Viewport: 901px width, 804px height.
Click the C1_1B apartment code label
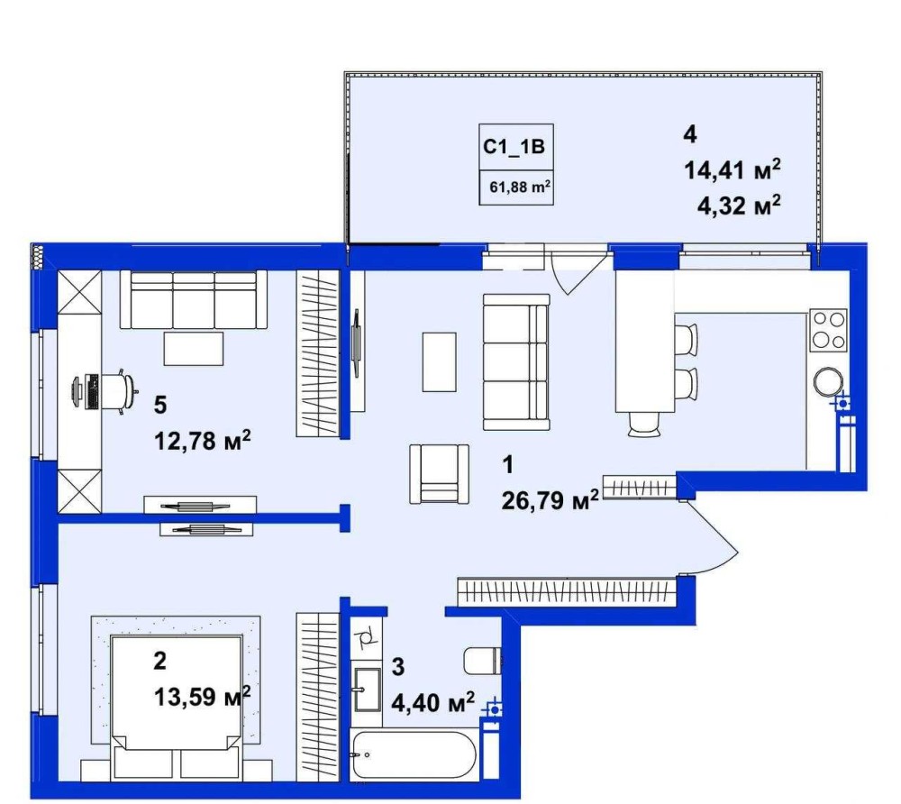tap(514, 147)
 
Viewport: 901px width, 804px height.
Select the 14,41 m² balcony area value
tap(732, 170)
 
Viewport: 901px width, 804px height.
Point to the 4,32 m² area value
tap(739, 206)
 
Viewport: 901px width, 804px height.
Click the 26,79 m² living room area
tap(550, 500)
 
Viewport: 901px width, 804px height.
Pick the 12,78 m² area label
tap(202, 441)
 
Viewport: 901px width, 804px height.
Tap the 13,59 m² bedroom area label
tap(202, 697)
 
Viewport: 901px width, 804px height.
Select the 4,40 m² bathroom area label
tap(433, 702)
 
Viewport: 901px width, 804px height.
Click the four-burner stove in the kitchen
tap(829, 331)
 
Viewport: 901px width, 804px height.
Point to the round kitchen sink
tap(829, 381)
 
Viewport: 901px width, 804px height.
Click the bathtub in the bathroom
tap(414, 754)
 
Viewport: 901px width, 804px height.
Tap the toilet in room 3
tap(482, 662)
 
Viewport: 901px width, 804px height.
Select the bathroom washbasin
tap(366, 690)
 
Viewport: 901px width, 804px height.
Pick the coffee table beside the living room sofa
tap(440, 362)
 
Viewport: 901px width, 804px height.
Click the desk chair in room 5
tap(120, 392)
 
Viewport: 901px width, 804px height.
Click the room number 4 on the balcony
tap(690, 134)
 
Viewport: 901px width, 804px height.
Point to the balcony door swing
tap(578, 270)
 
